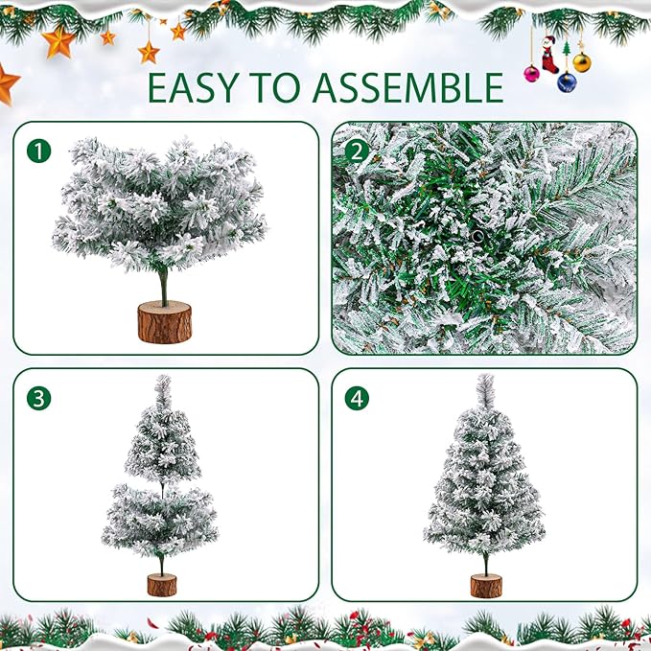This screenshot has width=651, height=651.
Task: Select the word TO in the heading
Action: [x=282, y=87]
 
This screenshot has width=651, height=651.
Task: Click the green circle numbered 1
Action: [x=37, y=151]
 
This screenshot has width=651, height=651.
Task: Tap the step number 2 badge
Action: [x=357, y=151]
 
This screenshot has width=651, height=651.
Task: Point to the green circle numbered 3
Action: [x=37, y=399]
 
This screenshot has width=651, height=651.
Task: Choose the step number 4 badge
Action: [x=357, y=399]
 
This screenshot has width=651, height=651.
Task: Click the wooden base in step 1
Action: [x=164, y=323]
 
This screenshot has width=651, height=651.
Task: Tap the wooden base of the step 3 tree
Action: [x=161, y=584]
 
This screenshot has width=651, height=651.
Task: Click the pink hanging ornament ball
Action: [x=531, y=73]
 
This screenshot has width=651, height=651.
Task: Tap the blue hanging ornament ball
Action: [x=567, y=82]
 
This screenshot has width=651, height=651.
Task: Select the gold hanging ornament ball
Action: [x=582, y=63]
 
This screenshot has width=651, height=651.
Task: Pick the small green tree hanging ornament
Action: [x=567, y=47]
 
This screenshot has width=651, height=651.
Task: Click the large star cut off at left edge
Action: [x=7, y=85]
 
